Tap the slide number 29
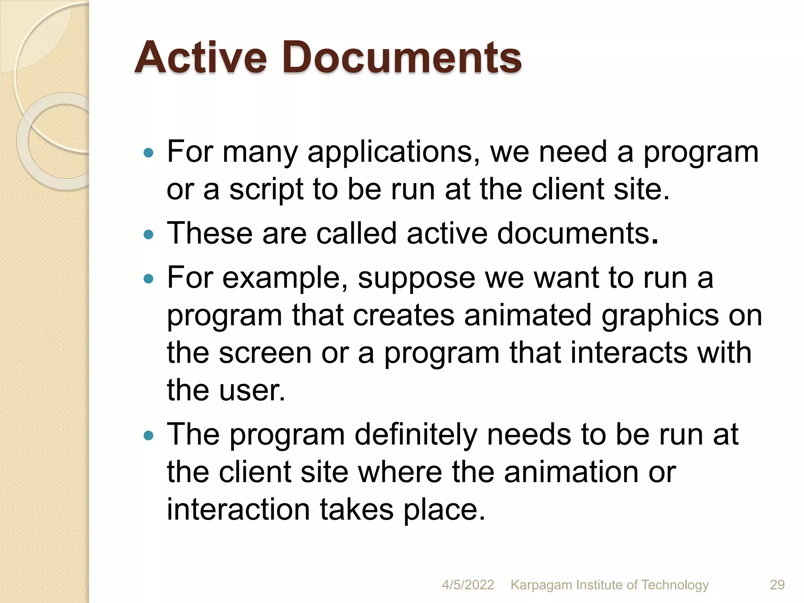pyautogui.click(x=777, y=585)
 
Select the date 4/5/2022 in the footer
pyautogui.click(x=468, y=585)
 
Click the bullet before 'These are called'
pyautogui.click(x=148, y=234)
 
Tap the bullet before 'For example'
pyautogui.click(x=148, y=279)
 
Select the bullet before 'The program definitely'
pyautogui.click(x=148, y=435)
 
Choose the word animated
pyautogui.click(x=528, y=315)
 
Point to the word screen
pyautogui.click(x=265, y=353)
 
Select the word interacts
pyautogui.click(x=629, y=352)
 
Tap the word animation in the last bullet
pyautogui.click(x=571, y=471)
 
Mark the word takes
pyautogui.click(x=356, y=510)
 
